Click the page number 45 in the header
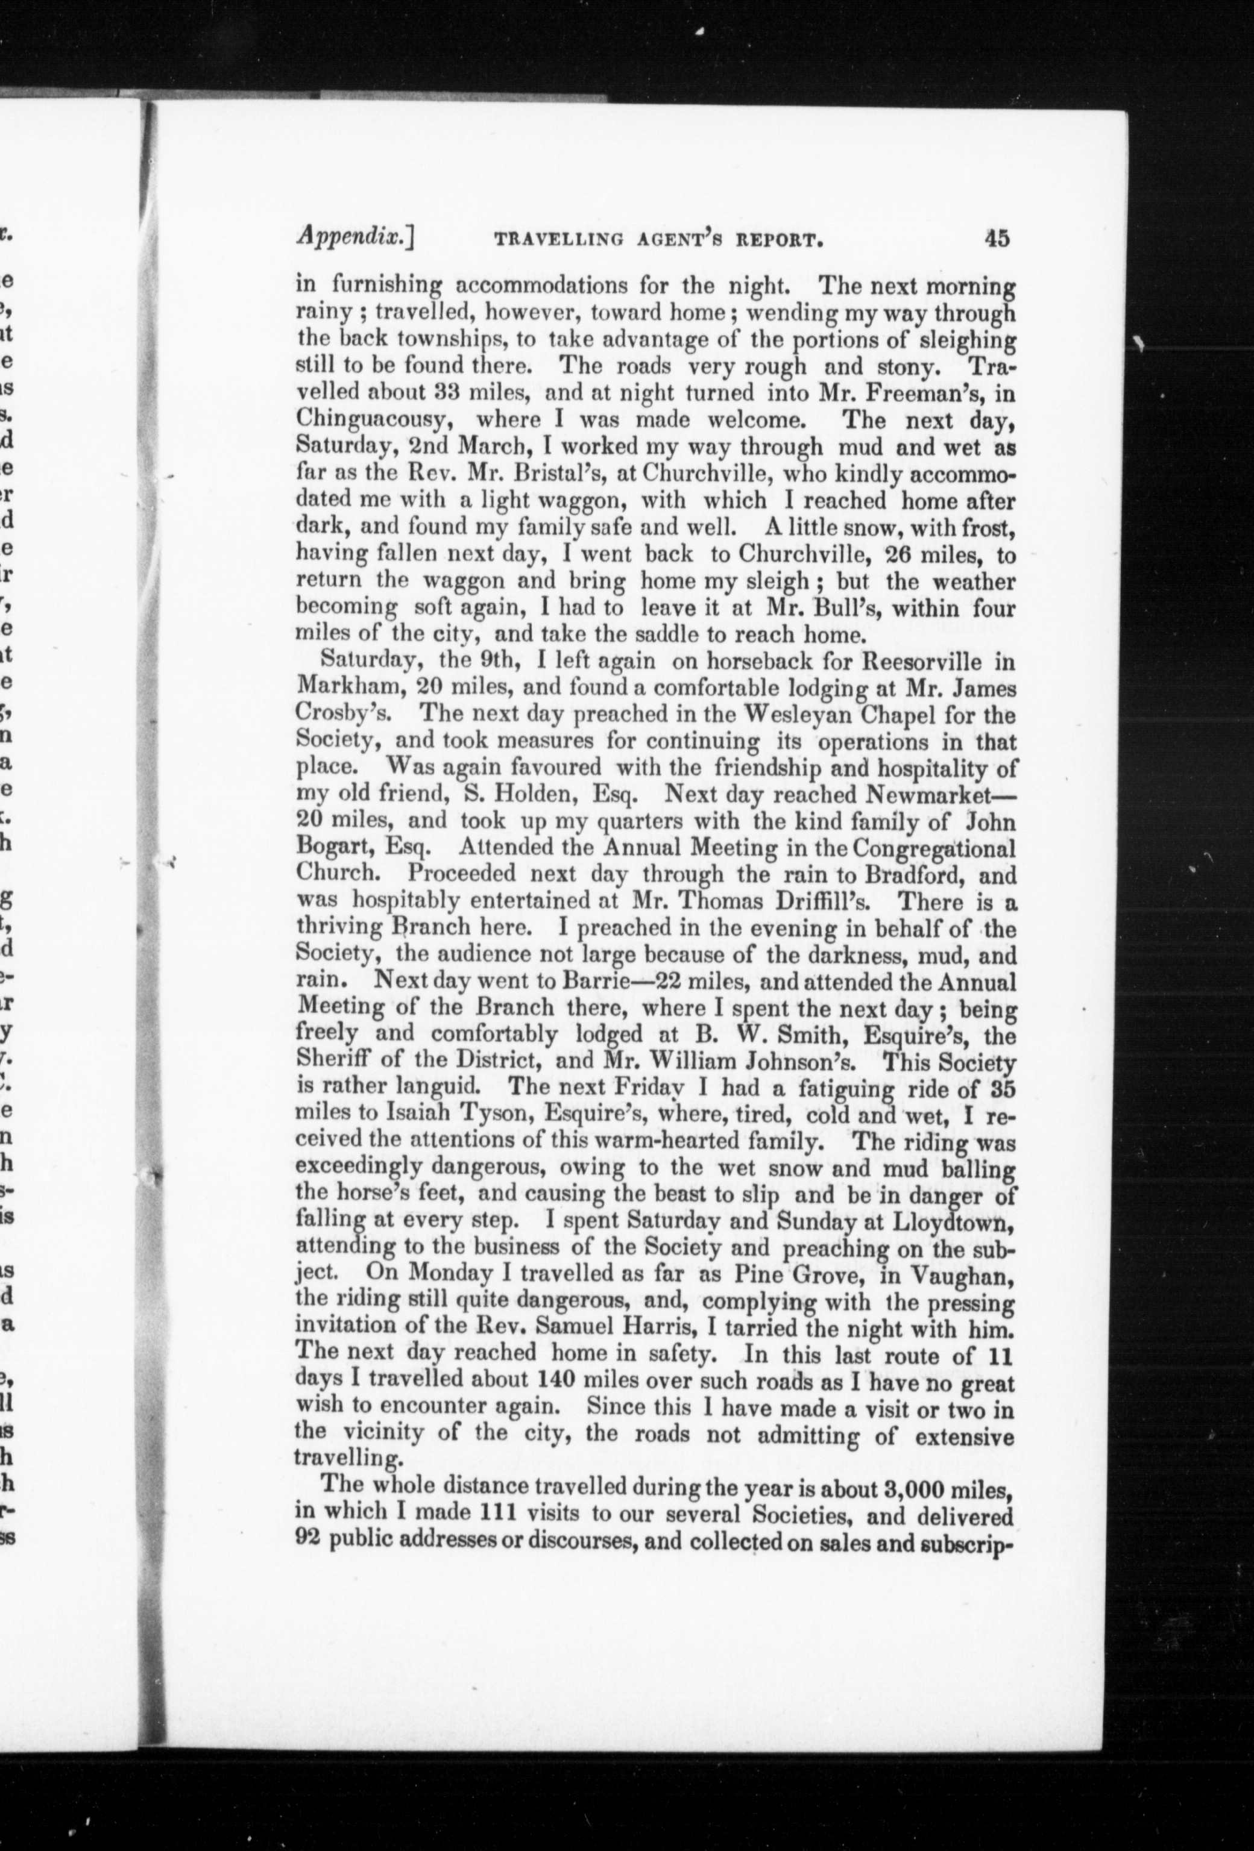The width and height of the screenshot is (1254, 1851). pos(997,237)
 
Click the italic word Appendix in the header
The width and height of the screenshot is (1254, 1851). pos(353,237)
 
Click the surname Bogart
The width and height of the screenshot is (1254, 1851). pos(335,849)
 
